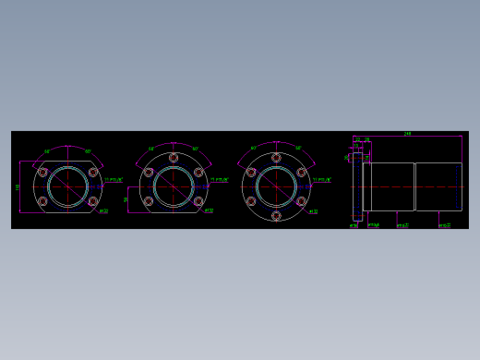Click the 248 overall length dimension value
pyautogui.click(x=407, y=134)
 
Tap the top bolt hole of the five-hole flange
pyautogui.click(x=173, y=158)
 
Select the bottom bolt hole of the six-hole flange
pyautogui.click(x=276, y=216)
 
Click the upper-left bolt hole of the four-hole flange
pyautogui.click(x=42, y=172)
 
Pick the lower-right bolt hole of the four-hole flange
pyautogui.click(x=93, y=201)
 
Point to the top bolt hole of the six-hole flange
pyautogui.click(x=276, y=158)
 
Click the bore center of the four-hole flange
pyautogui.click(x=67, y=186)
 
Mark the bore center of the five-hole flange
pyautogui.click(x=173, y=186)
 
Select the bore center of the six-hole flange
pyautogui.click(x=276, y=186)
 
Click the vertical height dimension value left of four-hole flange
pyautogui.click(x=18, y=187)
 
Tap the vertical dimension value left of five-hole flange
pyautogui.click(x=126, y=198)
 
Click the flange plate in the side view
pyautogui.click(x=357, y=186)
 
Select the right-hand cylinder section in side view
pyautogui.click(x=438, y=186)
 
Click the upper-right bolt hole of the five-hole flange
pyautogui.click(x=198, y=172)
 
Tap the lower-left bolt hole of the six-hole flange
pyautogui.click(x=251, y=201)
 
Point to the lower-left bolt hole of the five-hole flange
pyautogui.click(x=148, y=201)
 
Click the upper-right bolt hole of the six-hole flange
pyautogui.click(x=301, y=172)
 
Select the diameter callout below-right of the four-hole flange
pyautogui.click(x=103, y=210)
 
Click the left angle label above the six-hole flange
pyautogui.click(x=254, y=149)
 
